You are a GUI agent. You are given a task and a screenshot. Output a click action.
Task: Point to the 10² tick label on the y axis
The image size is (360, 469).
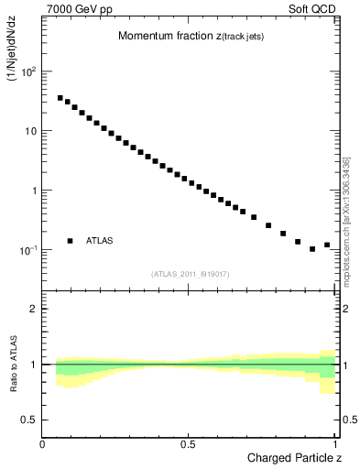pyautogui.click(x=30, y=71)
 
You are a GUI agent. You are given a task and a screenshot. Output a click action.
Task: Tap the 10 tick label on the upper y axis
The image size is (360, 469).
pyautogui.click(x=30, y=130)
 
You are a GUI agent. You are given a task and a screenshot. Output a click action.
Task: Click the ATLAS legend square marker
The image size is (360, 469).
pyautogui.click(x=70, y=241)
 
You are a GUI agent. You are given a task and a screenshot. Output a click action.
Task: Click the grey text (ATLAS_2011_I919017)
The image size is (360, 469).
pyautogui.click(x=190, y=273)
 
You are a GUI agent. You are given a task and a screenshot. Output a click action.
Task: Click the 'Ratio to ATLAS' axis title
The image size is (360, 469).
pyautogui.click(x=12, y=364)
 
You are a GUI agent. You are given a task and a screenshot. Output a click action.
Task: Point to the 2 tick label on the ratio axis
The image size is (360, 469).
pyautogui.click(x=34, y=309)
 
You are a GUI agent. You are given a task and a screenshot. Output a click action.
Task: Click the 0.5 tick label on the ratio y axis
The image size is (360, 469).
pyautogui.click(x=30, y=420)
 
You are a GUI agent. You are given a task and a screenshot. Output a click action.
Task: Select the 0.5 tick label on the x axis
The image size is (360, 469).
pyautogui.click(x=188, y=444)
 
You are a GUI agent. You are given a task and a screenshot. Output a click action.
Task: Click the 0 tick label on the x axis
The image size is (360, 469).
pyautogui.click(x=43, y=444)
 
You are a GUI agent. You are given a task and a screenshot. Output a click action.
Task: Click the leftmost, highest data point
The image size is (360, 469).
pyautogui.click(x=60, y=98)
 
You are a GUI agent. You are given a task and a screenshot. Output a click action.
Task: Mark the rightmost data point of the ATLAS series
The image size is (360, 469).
pyautogui.click(x=327, y=245)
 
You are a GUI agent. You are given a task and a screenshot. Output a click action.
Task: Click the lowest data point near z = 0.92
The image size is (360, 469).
pyautogui.click(x=312, y=249)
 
